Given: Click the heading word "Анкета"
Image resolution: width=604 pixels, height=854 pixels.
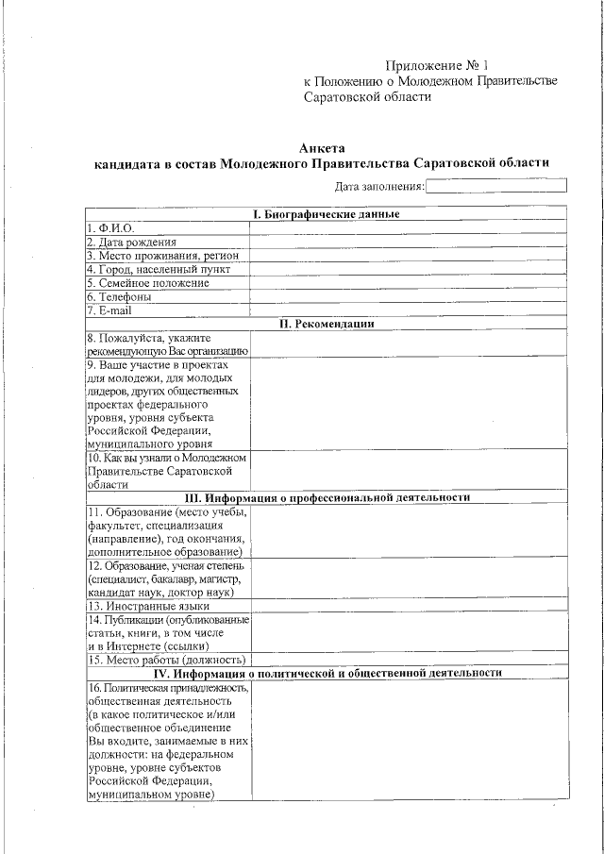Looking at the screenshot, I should [322, 147].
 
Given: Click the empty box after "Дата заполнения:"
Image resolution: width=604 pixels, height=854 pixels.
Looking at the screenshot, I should [496, 186].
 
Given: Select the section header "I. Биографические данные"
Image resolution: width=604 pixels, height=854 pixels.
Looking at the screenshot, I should [327, 214].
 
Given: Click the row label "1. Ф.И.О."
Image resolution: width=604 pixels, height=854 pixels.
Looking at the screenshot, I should [110, 228].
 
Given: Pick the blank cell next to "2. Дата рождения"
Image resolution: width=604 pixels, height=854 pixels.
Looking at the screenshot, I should [408, 242].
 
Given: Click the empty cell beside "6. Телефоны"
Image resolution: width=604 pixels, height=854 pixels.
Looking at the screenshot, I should [408, 295].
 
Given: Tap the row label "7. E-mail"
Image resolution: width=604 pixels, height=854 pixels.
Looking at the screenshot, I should [109, 310].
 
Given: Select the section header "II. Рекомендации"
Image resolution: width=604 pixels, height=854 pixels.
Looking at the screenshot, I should [327, 323].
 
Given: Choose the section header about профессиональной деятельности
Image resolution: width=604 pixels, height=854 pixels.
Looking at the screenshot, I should [327, 497].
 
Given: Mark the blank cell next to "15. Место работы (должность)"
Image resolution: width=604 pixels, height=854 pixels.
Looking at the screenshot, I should [408, 660].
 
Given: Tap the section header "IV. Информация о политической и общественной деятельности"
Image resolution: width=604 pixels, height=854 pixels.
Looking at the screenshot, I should [327, 673].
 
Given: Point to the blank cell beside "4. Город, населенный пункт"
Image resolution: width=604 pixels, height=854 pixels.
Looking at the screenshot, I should [408, 269].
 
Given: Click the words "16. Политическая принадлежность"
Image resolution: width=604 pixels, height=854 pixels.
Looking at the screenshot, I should [167, 688].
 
